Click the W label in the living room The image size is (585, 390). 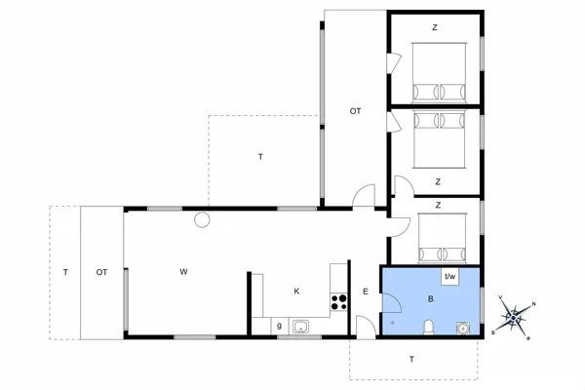point(182,272)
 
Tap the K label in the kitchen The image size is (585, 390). point(297,292)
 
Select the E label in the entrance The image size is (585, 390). point(366,292)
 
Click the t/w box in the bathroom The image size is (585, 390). point(450,278)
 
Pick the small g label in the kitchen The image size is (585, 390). point(279,326)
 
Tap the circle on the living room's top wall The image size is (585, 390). point(202,219)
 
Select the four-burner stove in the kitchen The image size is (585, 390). point(339,302)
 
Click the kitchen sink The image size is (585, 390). point(301,326)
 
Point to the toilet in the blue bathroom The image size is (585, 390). point(429,325)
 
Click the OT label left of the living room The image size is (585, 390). point(101,272)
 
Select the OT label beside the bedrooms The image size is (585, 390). point(356,112)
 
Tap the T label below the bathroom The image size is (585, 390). point(411,360)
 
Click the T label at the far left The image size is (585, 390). point(64,272)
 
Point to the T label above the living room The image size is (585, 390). point(260,157)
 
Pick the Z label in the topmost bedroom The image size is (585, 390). point(435,26)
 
